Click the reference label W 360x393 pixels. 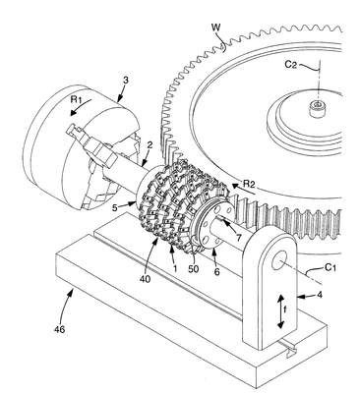(x=215, y=28)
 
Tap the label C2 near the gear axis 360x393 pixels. (x=291, y=65)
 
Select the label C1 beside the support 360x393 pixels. (x=330, y=268)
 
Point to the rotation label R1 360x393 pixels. (x=77, y=100)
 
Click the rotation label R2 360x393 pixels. (x=249, y=184)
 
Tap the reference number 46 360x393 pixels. (x=60, y=329)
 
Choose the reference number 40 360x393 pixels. (x=145, y=279)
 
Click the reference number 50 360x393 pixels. (x=194, y=268)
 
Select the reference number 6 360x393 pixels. (x=216, y=271)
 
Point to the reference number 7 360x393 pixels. (x=239, y=238)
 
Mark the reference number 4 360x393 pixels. (x=320, y=295)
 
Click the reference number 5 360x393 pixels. (x=114, y=207)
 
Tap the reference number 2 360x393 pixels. (x=150, y=146)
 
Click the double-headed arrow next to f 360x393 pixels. (x=280, y=311)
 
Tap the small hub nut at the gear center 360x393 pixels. (x=317, y=108)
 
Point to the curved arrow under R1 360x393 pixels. (x=79, y=109)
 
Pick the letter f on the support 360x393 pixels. (x=284, y=311)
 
